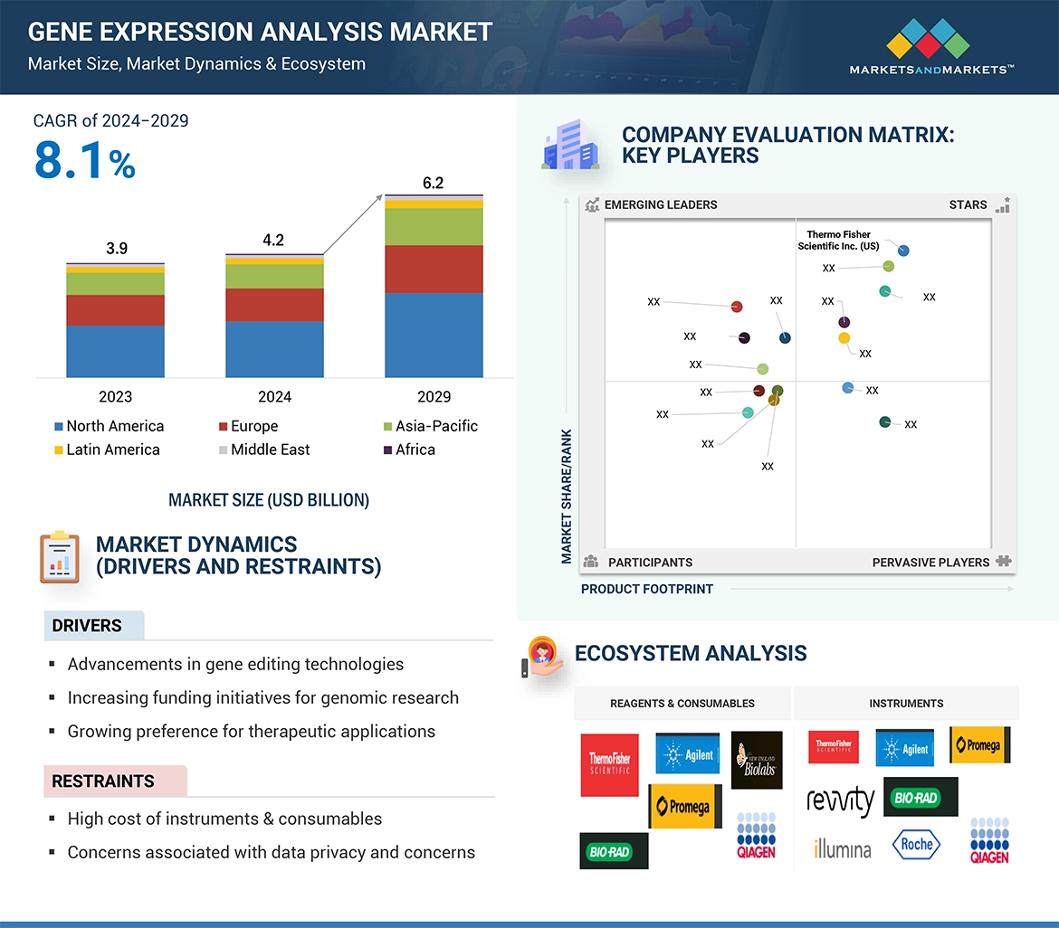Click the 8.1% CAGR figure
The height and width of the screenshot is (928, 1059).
click(85, 161)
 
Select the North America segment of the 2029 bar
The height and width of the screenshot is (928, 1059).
click(434, 335)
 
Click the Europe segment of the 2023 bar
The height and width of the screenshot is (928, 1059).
click(115, 310)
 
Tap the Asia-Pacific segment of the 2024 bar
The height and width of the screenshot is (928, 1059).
click(274, 276)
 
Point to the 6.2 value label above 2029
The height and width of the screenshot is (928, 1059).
click(433, 183)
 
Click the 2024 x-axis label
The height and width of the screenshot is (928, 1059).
click(274, 396)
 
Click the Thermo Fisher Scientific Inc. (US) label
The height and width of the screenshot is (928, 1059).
click(838, 241)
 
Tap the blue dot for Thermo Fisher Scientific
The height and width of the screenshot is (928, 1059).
click(903, 251)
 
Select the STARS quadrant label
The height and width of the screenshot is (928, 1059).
click(968, 204)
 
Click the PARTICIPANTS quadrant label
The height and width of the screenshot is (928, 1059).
click(650, 562)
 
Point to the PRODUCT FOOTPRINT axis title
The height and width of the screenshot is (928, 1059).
click(647, 589)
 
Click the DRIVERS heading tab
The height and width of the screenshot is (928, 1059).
click(87, 626)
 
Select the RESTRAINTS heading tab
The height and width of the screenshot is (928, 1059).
click(103, 781)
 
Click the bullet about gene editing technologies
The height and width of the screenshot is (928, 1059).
click(235, 664)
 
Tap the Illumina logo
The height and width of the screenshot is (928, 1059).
click(842, 848)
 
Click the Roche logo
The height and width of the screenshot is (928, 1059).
click(916, 845)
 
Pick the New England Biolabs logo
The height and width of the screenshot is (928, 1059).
click(756, 760)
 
